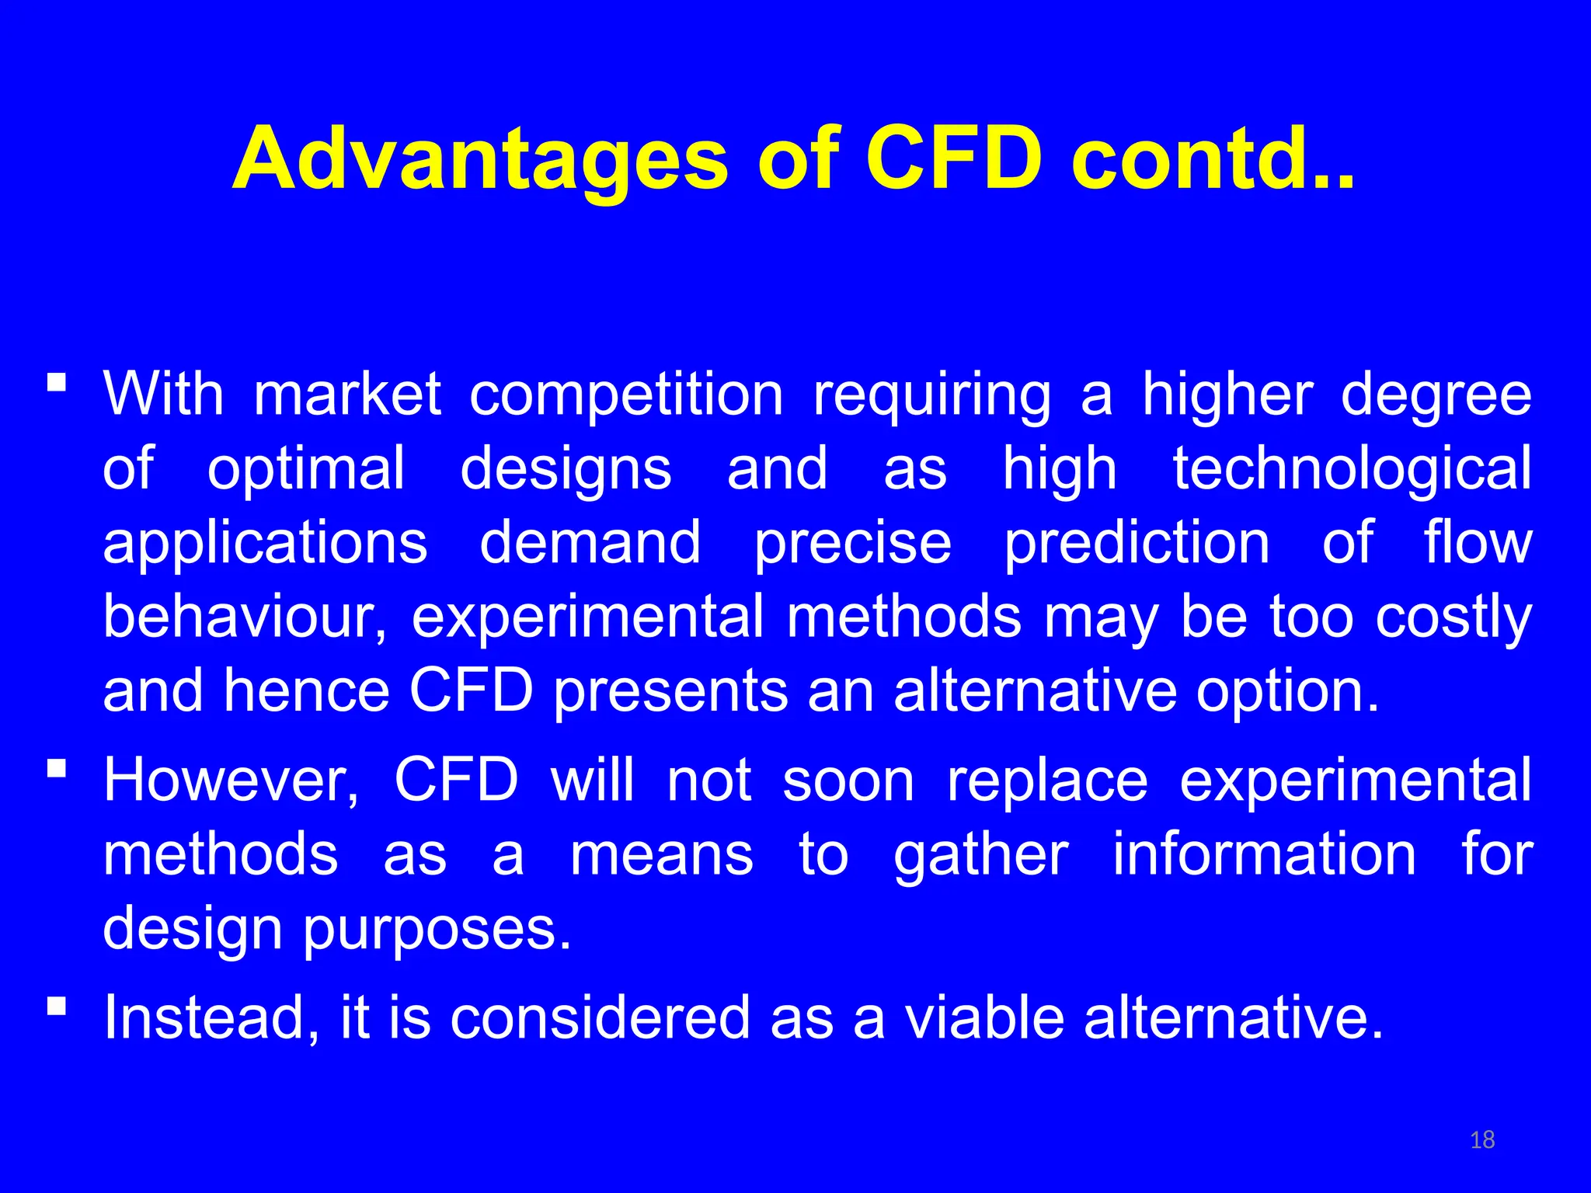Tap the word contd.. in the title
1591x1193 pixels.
point(1212,159)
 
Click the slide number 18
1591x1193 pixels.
point(1482,1139)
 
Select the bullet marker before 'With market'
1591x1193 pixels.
point(56,382)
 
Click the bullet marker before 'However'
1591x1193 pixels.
point(56,768)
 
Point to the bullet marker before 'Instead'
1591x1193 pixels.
point(56,1006)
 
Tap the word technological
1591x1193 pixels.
point(1352,468)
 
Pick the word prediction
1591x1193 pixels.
point(1137,544)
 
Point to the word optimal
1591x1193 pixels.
point(306,470)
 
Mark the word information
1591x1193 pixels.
point(1265,855)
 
